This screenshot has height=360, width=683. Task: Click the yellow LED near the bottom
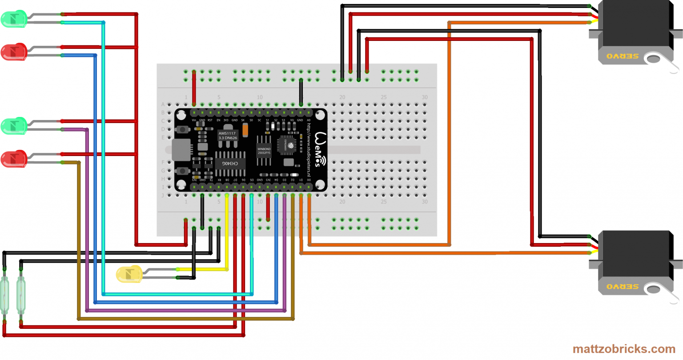point(129,274)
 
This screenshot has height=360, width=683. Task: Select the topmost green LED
point(13,19)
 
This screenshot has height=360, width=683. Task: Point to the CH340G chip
point(230,164)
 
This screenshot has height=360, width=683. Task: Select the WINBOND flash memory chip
point(264,151)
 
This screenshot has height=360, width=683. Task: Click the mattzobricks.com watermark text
point(624,349)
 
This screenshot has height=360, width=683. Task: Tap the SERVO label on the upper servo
point(622,56)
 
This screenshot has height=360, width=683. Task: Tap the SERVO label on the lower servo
point(622,287)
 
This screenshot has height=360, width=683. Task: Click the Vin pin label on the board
point(194,120)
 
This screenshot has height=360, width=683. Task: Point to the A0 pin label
point(309,120)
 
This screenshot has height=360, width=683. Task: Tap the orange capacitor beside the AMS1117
point(245,130)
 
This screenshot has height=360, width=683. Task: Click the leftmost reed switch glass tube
point(4,294)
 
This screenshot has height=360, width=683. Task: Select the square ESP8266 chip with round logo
point(286,145)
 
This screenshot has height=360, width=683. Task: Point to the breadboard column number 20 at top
point(342,97)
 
